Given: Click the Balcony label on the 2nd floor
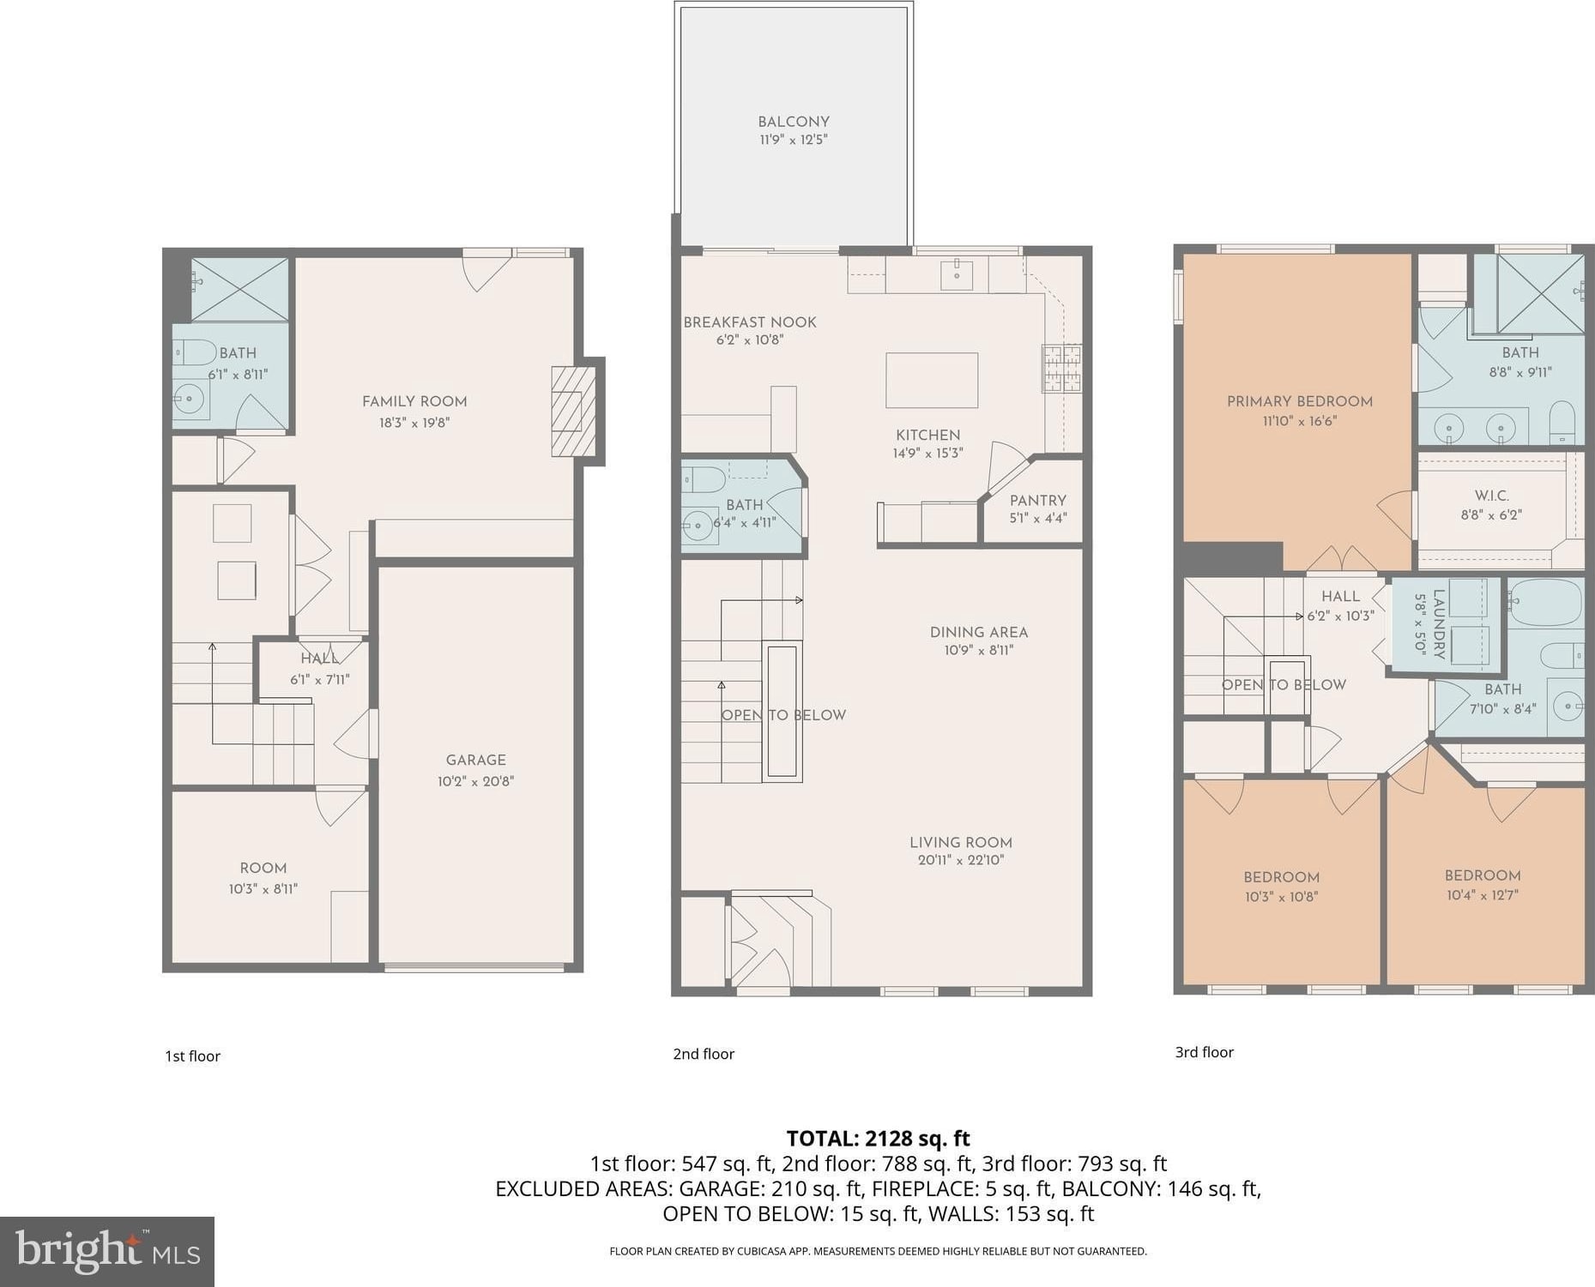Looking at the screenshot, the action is tap(794, 122).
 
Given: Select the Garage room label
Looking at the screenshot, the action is tap(475, 760).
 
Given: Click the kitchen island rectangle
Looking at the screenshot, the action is tap(932, 380).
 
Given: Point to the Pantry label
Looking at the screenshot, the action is tap(1038, 501).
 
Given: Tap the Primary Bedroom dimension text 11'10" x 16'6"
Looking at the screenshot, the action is tap(1299, 421).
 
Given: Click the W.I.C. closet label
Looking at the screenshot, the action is tap(1491, 496).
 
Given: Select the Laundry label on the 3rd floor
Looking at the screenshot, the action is tap(1440, 625).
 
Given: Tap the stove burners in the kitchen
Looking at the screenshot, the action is tap(1062, 368).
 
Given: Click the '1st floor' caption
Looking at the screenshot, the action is tap(192, 1056).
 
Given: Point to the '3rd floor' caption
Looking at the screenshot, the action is tap(1204, 1052).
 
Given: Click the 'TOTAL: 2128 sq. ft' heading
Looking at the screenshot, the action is tap(878, 1139).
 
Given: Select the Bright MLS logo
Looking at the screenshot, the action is tap(107, 1251).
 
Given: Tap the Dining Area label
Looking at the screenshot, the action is tap(979, 632).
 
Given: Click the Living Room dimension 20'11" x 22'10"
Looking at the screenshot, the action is tap(961, 860).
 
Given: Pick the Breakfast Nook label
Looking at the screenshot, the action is tap(750, 322).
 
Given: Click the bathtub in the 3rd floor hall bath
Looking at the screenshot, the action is tap(1544, 603).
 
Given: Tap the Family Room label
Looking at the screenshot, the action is tap(414, 401).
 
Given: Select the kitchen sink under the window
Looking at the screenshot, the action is tap(956, 274).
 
